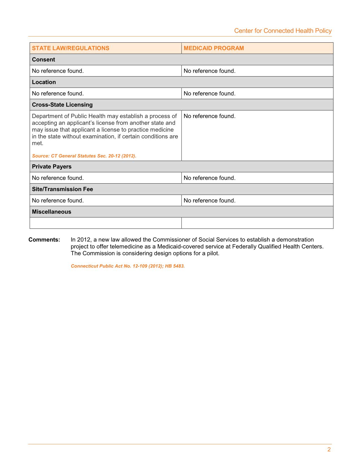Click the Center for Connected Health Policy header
pyautogui.click(x=283, y=31)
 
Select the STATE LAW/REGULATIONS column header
pyautogui.click(x=71, y=48)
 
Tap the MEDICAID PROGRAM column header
pyautogui.click(x=214, y=48)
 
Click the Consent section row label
pyautogui.click(x=43, y=60)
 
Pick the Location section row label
pyautogui.click(x=44, y=82)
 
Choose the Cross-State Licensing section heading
pyautogui.click(x=62, y=105)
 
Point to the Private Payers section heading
pyautogui.click(x=52, y=167)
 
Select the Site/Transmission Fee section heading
pyautogui.click(x=62, y=189)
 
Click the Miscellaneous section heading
pyautogui.click(x=51, y=212)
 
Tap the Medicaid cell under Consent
pyautogui.click(x=210, y=71)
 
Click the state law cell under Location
pyautogui.click(x=58, y=93)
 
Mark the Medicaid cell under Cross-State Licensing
pyautogui.click(x=210, y=116)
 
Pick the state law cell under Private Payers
pyautogui.click(x=58, y=178)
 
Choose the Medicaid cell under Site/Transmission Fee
pyautogui.click(x=210, y=201)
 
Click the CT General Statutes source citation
pyautogui.click(x=84, y=156)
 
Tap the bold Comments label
pyautogui.click(x=44, y=240)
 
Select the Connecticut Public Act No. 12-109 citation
pyautogui.click(x=128, y=266)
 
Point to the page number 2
pyautogui.click(x=329, y=450)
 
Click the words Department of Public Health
pyautogui.click(x=69, y=116)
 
